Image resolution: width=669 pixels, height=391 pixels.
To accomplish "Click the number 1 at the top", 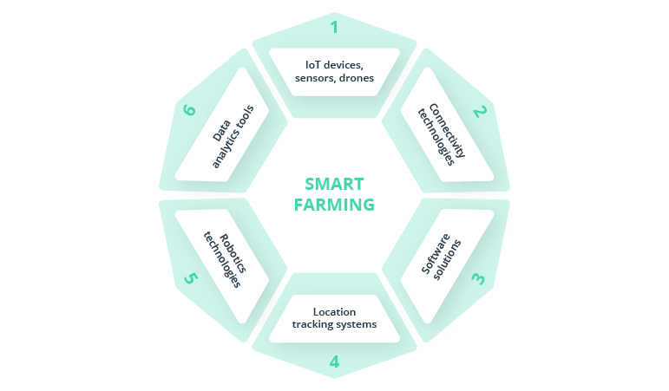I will [x=334, y=27].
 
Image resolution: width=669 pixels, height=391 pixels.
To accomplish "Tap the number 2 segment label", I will [x=480, y=111].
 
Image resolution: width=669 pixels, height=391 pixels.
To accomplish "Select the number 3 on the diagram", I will [x=479, y=278].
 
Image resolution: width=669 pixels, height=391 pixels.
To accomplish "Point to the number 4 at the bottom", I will [x=334, y=362].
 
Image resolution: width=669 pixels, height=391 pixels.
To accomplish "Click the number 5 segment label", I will [x=190, y=278].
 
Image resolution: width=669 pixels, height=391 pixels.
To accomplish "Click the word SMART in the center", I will [x=334, y=185].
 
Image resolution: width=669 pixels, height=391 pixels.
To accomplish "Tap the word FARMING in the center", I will [x=334, y=205].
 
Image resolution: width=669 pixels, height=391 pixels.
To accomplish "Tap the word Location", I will [x=334, y=312].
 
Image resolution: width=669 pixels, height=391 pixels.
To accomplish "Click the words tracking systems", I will [x=334, y=325].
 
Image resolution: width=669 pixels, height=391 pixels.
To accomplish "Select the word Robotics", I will [x=230, y=253].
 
